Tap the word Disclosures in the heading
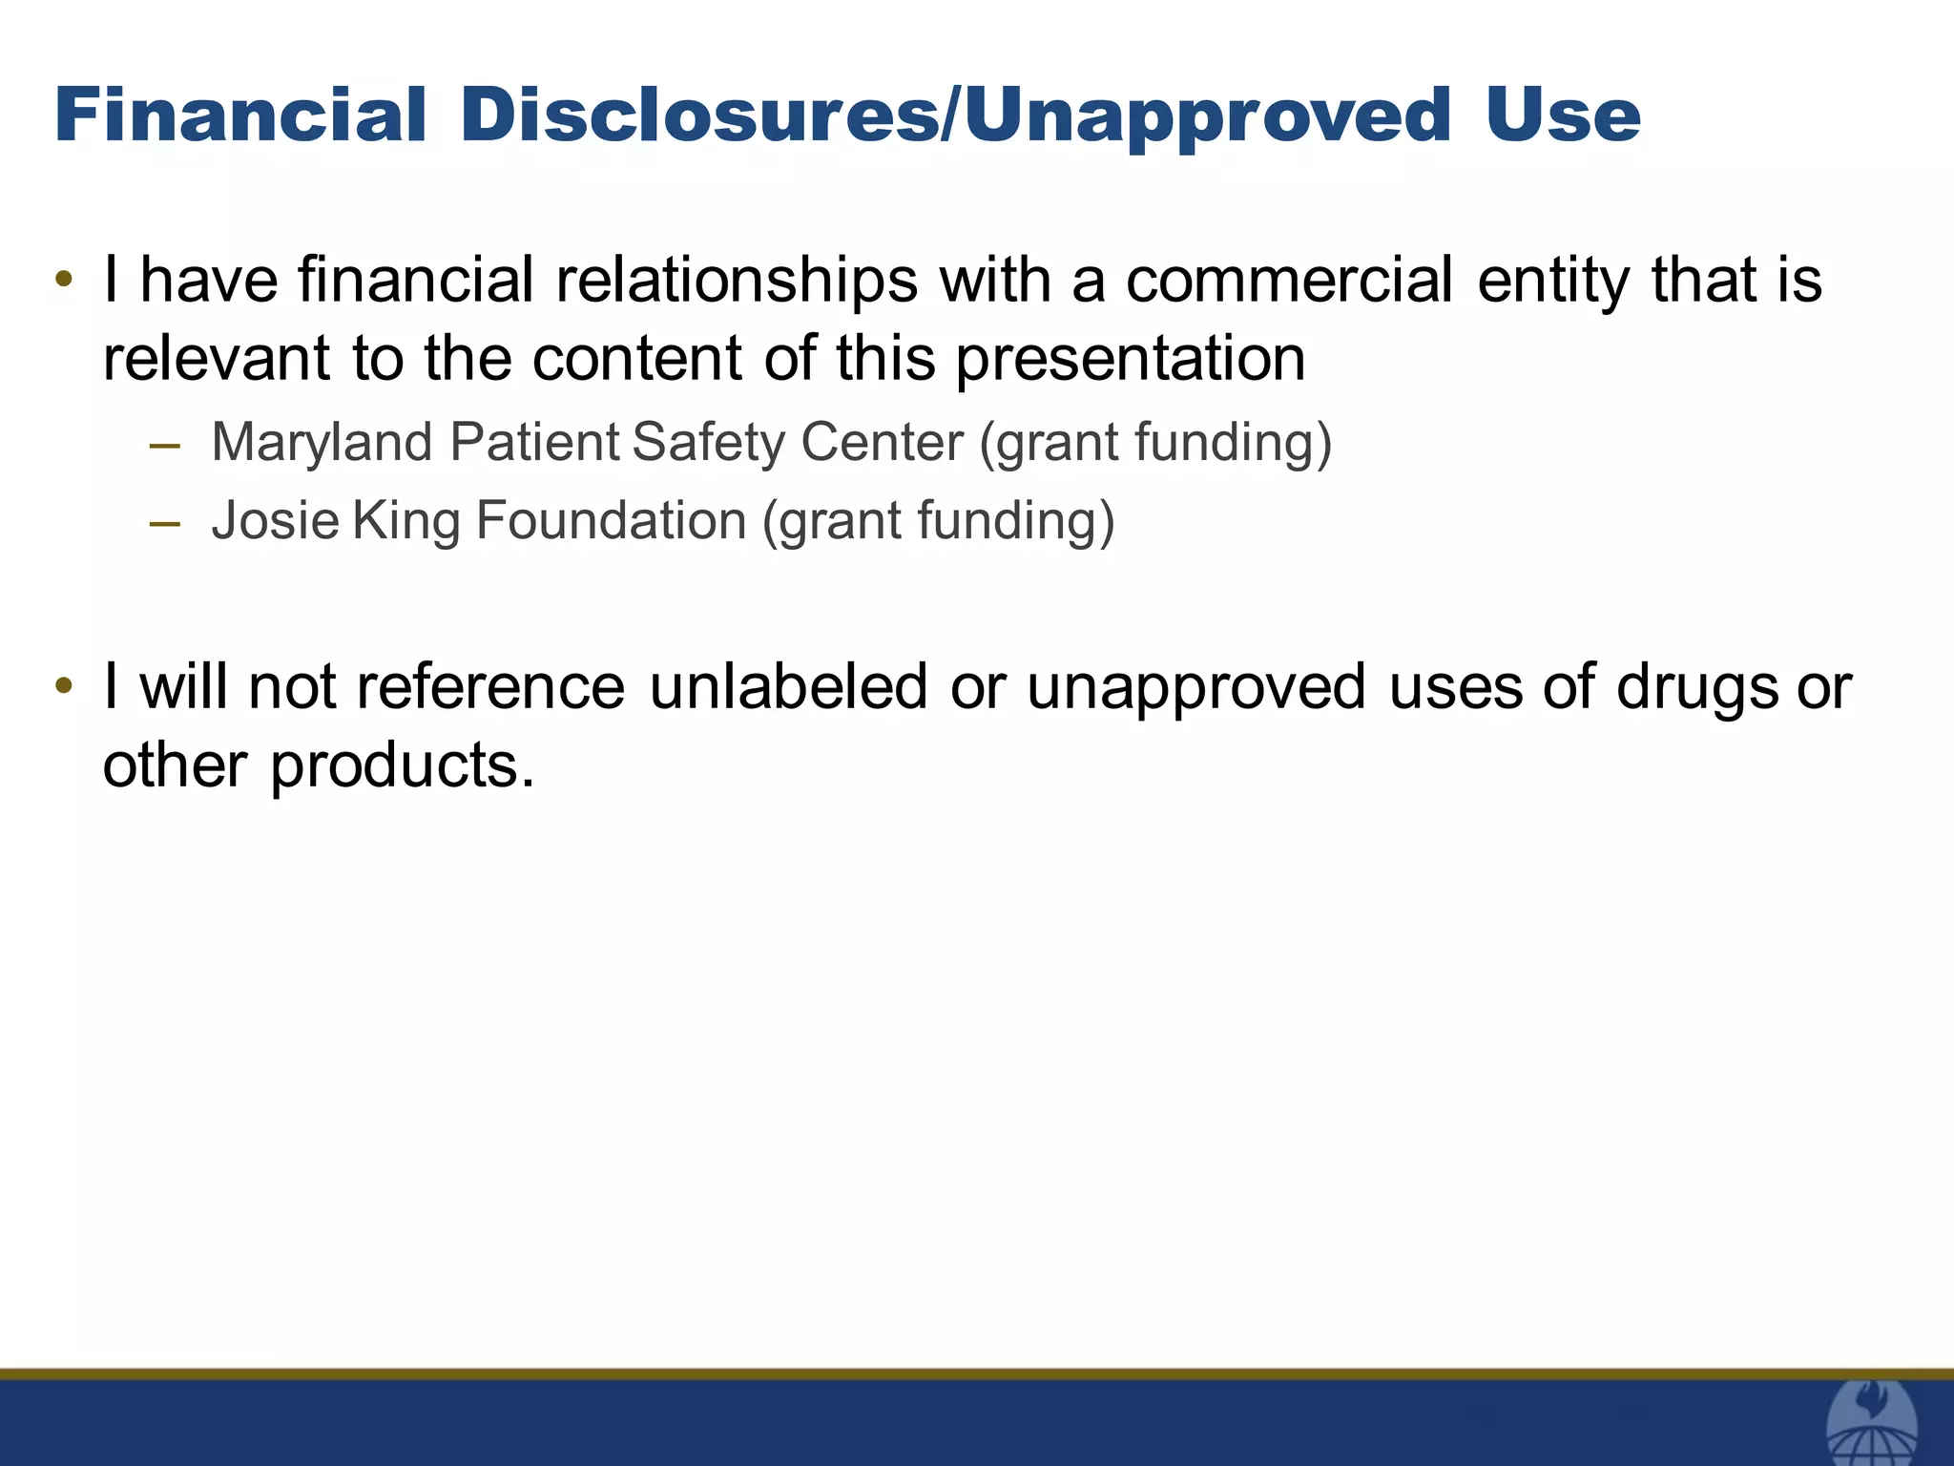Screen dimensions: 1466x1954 click(x=699, y=115)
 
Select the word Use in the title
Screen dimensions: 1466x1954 click(x=1562, y=115)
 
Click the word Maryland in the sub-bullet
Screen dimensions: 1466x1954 click(x=322, y=443)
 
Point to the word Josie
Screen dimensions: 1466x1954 click(x=275, y=521)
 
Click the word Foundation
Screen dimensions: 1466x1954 click(x=611, y=521)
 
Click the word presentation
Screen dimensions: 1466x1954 click(x=1130, y=359)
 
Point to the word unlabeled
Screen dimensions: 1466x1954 click(x=788, y=687)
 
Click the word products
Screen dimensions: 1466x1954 click(x=402, y=766)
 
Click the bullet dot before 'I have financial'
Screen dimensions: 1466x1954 click(x=64, y=281)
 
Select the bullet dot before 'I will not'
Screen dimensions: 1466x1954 click(x=64, y=687)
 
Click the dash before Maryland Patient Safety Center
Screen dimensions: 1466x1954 click(x=165, y=445)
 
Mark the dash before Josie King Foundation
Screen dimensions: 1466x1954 click(x=165, y=523)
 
